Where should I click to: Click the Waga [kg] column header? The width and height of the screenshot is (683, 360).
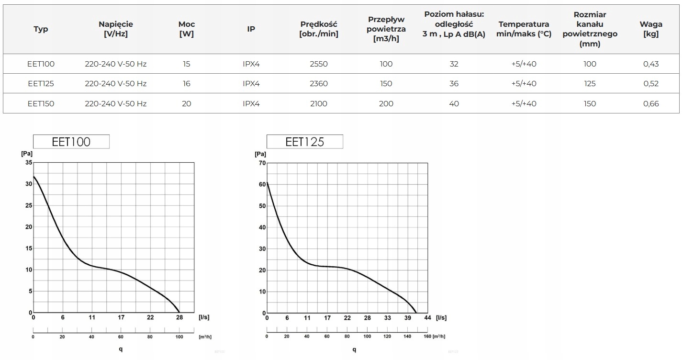coord(651,29)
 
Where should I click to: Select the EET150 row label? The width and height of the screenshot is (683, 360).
coord(41,103)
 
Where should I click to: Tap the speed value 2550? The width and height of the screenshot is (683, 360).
coord(318,64)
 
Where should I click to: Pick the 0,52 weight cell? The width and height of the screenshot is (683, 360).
coord(651,83)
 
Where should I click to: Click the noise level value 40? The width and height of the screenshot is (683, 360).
coord(454,103)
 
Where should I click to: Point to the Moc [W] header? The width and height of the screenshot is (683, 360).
coord(186,29)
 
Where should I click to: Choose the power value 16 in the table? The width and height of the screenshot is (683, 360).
coord(186,83)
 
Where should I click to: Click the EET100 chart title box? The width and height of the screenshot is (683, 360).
coord(71,142)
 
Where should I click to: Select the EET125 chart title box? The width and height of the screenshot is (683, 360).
coord(304,142)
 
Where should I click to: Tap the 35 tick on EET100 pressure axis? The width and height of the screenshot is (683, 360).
coord(29,163)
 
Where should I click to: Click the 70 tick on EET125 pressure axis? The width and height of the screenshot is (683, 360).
coord(262,163)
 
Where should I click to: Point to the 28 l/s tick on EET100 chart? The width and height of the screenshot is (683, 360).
coord(179,317)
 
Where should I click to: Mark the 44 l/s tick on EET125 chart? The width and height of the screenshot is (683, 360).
coord(428,318)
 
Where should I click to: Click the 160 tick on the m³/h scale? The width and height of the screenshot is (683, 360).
coord(427,337)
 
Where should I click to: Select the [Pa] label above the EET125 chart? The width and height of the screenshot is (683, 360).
coord(260,154)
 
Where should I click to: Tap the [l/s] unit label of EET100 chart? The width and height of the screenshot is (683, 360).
coord(204,317)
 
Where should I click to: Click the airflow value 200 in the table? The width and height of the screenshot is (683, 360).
coord(386,103)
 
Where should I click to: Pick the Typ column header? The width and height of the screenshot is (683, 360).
coord(41,29)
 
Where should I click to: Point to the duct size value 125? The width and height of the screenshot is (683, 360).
coord(590,83)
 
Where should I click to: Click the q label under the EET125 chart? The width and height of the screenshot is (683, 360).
coord(354,349)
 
